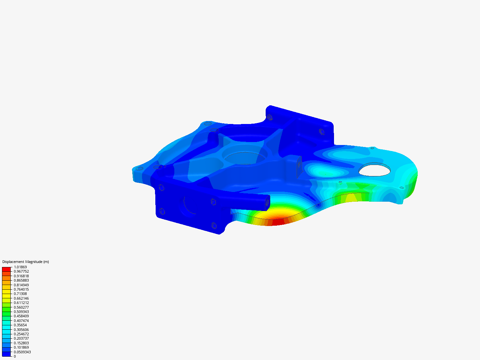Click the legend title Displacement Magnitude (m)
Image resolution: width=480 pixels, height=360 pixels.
[x=26, y=262]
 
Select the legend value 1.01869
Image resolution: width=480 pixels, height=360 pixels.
[x=20, y=267]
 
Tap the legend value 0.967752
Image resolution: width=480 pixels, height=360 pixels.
[x=21, y=271]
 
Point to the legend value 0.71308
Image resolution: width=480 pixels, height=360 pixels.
[x=20, y=294]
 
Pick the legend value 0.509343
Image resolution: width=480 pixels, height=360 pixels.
[x=21, y=312]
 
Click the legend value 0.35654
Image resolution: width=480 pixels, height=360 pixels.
[x=20, y=325]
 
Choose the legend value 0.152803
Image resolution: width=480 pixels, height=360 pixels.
[x=21, y=343]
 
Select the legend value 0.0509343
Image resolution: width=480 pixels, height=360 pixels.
[x=22, y=352]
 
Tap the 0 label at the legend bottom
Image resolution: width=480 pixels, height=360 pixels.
[x=15, y=356]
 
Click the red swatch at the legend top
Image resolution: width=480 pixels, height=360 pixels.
[x=6, y=269]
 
